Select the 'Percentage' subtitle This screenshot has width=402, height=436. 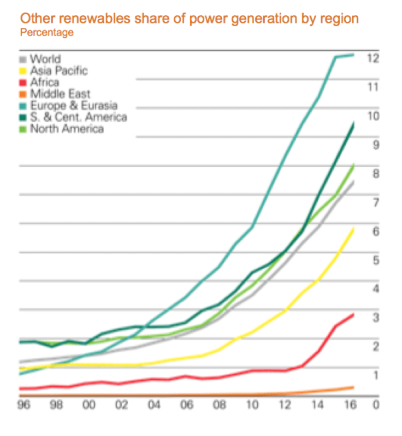(46, 33)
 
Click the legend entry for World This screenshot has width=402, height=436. (45, 59)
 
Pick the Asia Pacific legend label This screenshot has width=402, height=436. (58, 70)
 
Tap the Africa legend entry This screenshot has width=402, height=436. (44, 83)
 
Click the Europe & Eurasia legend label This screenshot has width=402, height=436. (73, 105)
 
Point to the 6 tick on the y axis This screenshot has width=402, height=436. (375, 232)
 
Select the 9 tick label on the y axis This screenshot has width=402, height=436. (375, 145)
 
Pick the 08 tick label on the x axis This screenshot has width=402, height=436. (218, 406)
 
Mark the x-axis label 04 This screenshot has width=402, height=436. (154, 406)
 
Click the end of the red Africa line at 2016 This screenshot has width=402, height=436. (353, 314)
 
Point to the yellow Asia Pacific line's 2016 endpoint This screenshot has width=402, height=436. (353, 229)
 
